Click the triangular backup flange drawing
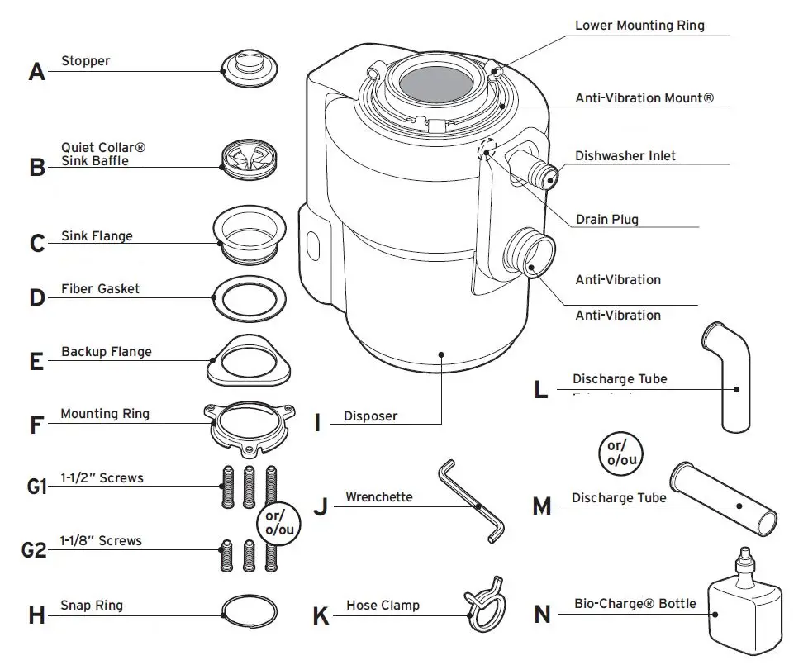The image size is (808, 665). [248, 361]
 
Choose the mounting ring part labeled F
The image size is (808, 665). [247, 425]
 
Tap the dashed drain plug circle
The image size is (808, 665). [487, 149]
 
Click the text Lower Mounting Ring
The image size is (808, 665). [639, 26]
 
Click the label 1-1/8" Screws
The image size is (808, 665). [101, 541]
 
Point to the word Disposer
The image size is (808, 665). [370, 416]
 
